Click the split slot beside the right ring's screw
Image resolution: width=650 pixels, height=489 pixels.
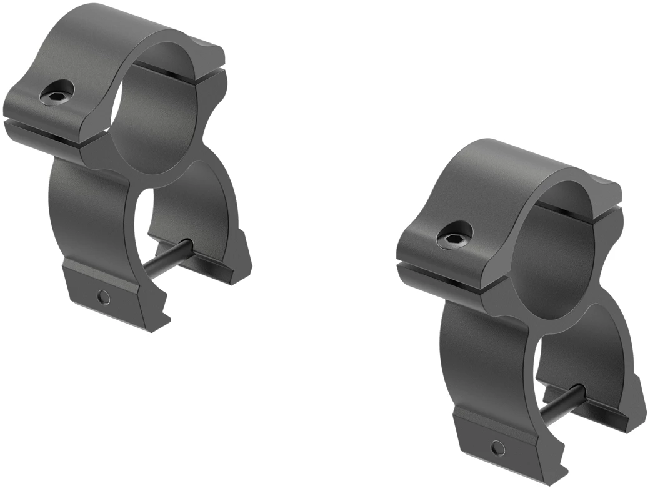tap(437, 272)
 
